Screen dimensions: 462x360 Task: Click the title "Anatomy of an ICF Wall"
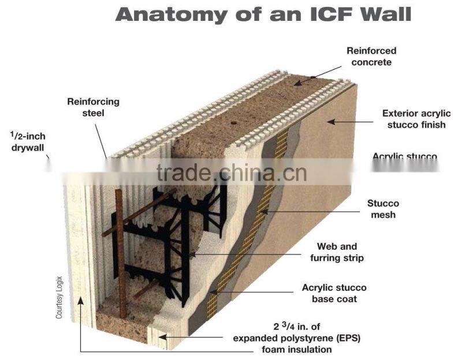(263, 14)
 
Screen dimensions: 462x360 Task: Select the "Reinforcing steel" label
(93, 107)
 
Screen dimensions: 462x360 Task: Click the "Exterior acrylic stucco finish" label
(413, 119)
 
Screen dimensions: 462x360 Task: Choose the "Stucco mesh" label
(383, 209)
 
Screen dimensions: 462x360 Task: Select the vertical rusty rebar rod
(120, 254)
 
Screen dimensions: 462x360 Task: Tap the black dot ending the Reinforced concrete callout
(312, 77)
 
